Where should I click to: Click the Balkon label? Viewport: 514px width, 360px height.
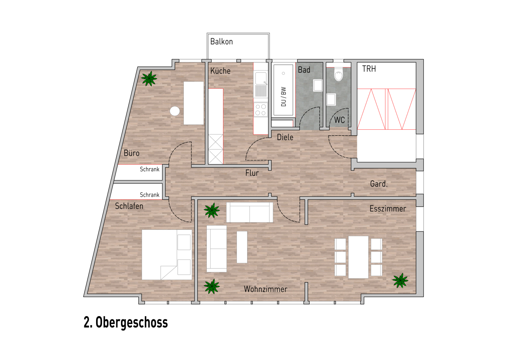tap(221, 42)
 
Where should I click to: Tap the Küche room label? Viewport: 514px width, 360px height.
tap(220, 71)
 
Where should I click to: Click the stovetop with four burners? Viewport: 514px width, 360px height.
tap(261, 110)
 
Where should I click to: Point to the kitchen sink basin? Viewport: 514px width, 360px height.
tap(261, 78)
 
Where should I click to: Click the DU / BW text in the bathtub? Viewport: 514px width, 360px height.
tap(283, 97)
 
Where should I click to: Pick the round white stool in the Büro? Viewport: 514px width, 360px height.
tap(175, 111)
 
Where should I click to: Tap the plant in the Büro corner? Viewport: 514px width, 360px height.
tap(149, 78)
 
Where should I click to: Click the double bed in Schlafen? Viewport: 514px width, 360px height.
tap(167, 255)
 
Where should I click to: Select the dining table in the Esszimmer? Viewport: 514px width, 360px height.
tap(358, 257)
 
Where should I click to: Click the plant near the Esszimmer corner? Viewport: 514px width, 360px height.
tap(400, 280)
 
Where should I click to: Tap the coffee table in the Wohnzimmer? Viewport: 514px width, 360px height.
tap(242, 247)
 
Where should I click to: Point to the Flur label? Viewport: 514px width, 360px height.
tap(252, 173)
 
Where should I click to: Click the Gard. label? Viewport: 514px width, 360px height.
tap(379, 184)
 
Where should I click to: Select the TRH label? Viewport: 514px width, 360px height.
tap(369, 69)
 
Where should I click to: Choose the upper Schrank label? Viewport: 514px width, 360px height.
tap(149, 169)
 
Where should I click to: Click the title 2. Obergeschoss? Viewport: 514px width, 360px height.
tap(126, 322)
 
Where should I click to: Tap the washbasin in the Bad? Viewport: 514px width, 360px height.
tap(318, 85)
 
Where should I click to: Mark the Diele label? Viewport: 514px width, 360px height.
tap(285, 137)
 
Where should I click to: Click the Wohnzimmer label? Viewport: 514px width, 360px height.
tap(265, 289)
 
